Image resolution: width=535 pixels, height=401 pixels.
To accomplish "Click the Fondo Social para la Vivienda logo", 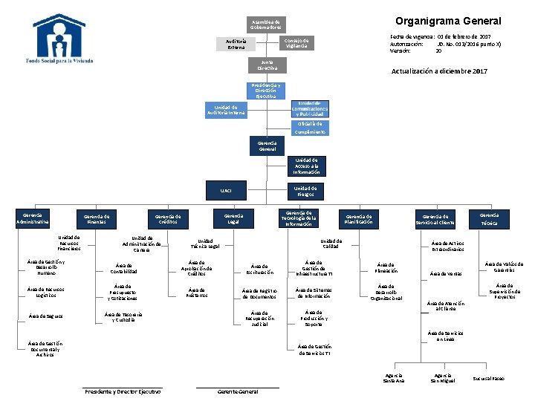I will click(x=63, y=39).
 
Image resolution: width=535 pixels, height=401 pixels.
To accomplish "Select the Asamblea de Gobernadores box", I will click(x=266, y=25).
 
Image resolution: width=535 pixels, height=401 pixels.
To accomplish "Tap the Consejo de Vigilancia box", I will click(x=297, y=42).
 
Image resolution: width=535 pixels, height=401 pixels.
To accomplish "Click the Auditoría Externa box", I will click(x=236, y=44).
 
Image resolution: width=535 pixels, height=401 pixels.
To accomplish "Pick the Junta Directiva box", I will click(x=267, y=65).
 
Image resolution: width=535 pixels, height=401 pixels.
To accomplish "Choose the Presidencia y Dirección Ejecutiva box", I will click(x=267, y=90).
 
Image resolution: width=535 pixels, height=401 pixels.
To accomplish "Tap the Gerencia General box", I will click(x=267, y=146).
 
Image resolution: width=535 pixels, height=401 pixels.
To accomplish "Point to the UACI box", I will click(x=226, y=191).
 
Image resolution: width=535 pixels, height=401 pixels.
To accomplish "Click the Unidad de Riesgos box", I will click(x=305, y=191).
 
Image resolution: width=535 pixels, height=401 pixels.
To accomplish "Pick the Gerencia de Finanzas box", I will click(x=97, y=219).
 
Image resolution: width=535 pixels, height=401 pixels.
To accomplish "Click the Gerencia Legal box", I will click(x=233, y=218).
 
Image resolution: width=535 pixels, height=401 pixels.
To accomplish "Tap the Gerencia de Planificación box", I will click(x=358, y=219).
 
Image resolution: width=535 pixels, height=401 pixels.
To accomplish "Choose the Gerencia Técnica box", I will click(x=489, y=219).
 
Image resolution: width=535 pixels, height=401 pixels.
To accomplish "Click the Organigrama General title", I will click(x=448, y=21).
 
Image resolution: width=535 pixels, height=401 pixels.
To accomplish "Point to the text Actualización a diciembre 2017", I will click(x=439, y=71).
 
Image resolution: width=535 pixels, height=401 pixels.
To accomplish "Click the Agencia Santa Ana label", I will click(x=394, y=379).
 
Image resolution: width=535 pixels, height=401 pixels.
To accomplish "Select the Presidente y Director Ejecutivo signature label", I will click(x=123, y=391).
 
